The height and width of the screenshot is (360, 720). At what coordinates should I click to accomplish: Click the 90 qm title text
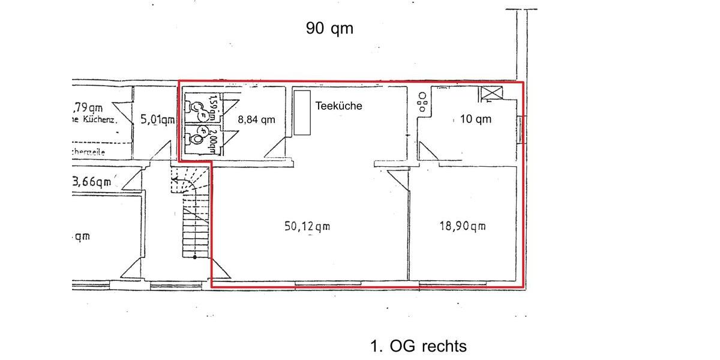329,28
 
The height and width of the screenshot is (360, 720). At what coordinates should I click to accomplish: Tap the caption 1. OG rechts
418,346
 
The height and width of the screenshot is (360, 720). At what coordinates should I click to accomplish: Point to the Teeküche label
339,105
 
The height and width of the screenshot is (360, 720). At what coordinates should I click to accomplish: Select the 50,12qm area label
307,226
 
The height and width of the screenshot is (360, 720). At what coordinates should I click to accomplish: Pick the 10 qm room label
475,119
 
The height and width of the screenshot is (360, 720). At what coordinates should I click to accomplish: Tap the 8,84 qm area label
256,119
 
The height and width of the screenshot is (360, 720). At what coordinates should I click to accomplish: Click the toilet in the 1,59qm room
196,107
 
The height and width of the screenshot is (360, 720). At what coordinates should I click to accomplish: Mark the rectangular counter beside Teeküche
301,113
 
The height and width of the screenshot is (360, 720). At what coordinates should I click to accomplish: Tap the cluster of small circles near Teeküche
422,102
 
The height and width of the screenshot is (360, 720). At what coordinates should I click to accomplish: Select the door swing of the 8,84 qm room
275,147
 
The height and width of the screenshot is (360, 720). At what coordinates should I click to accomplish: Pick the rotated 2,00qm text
212,139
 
